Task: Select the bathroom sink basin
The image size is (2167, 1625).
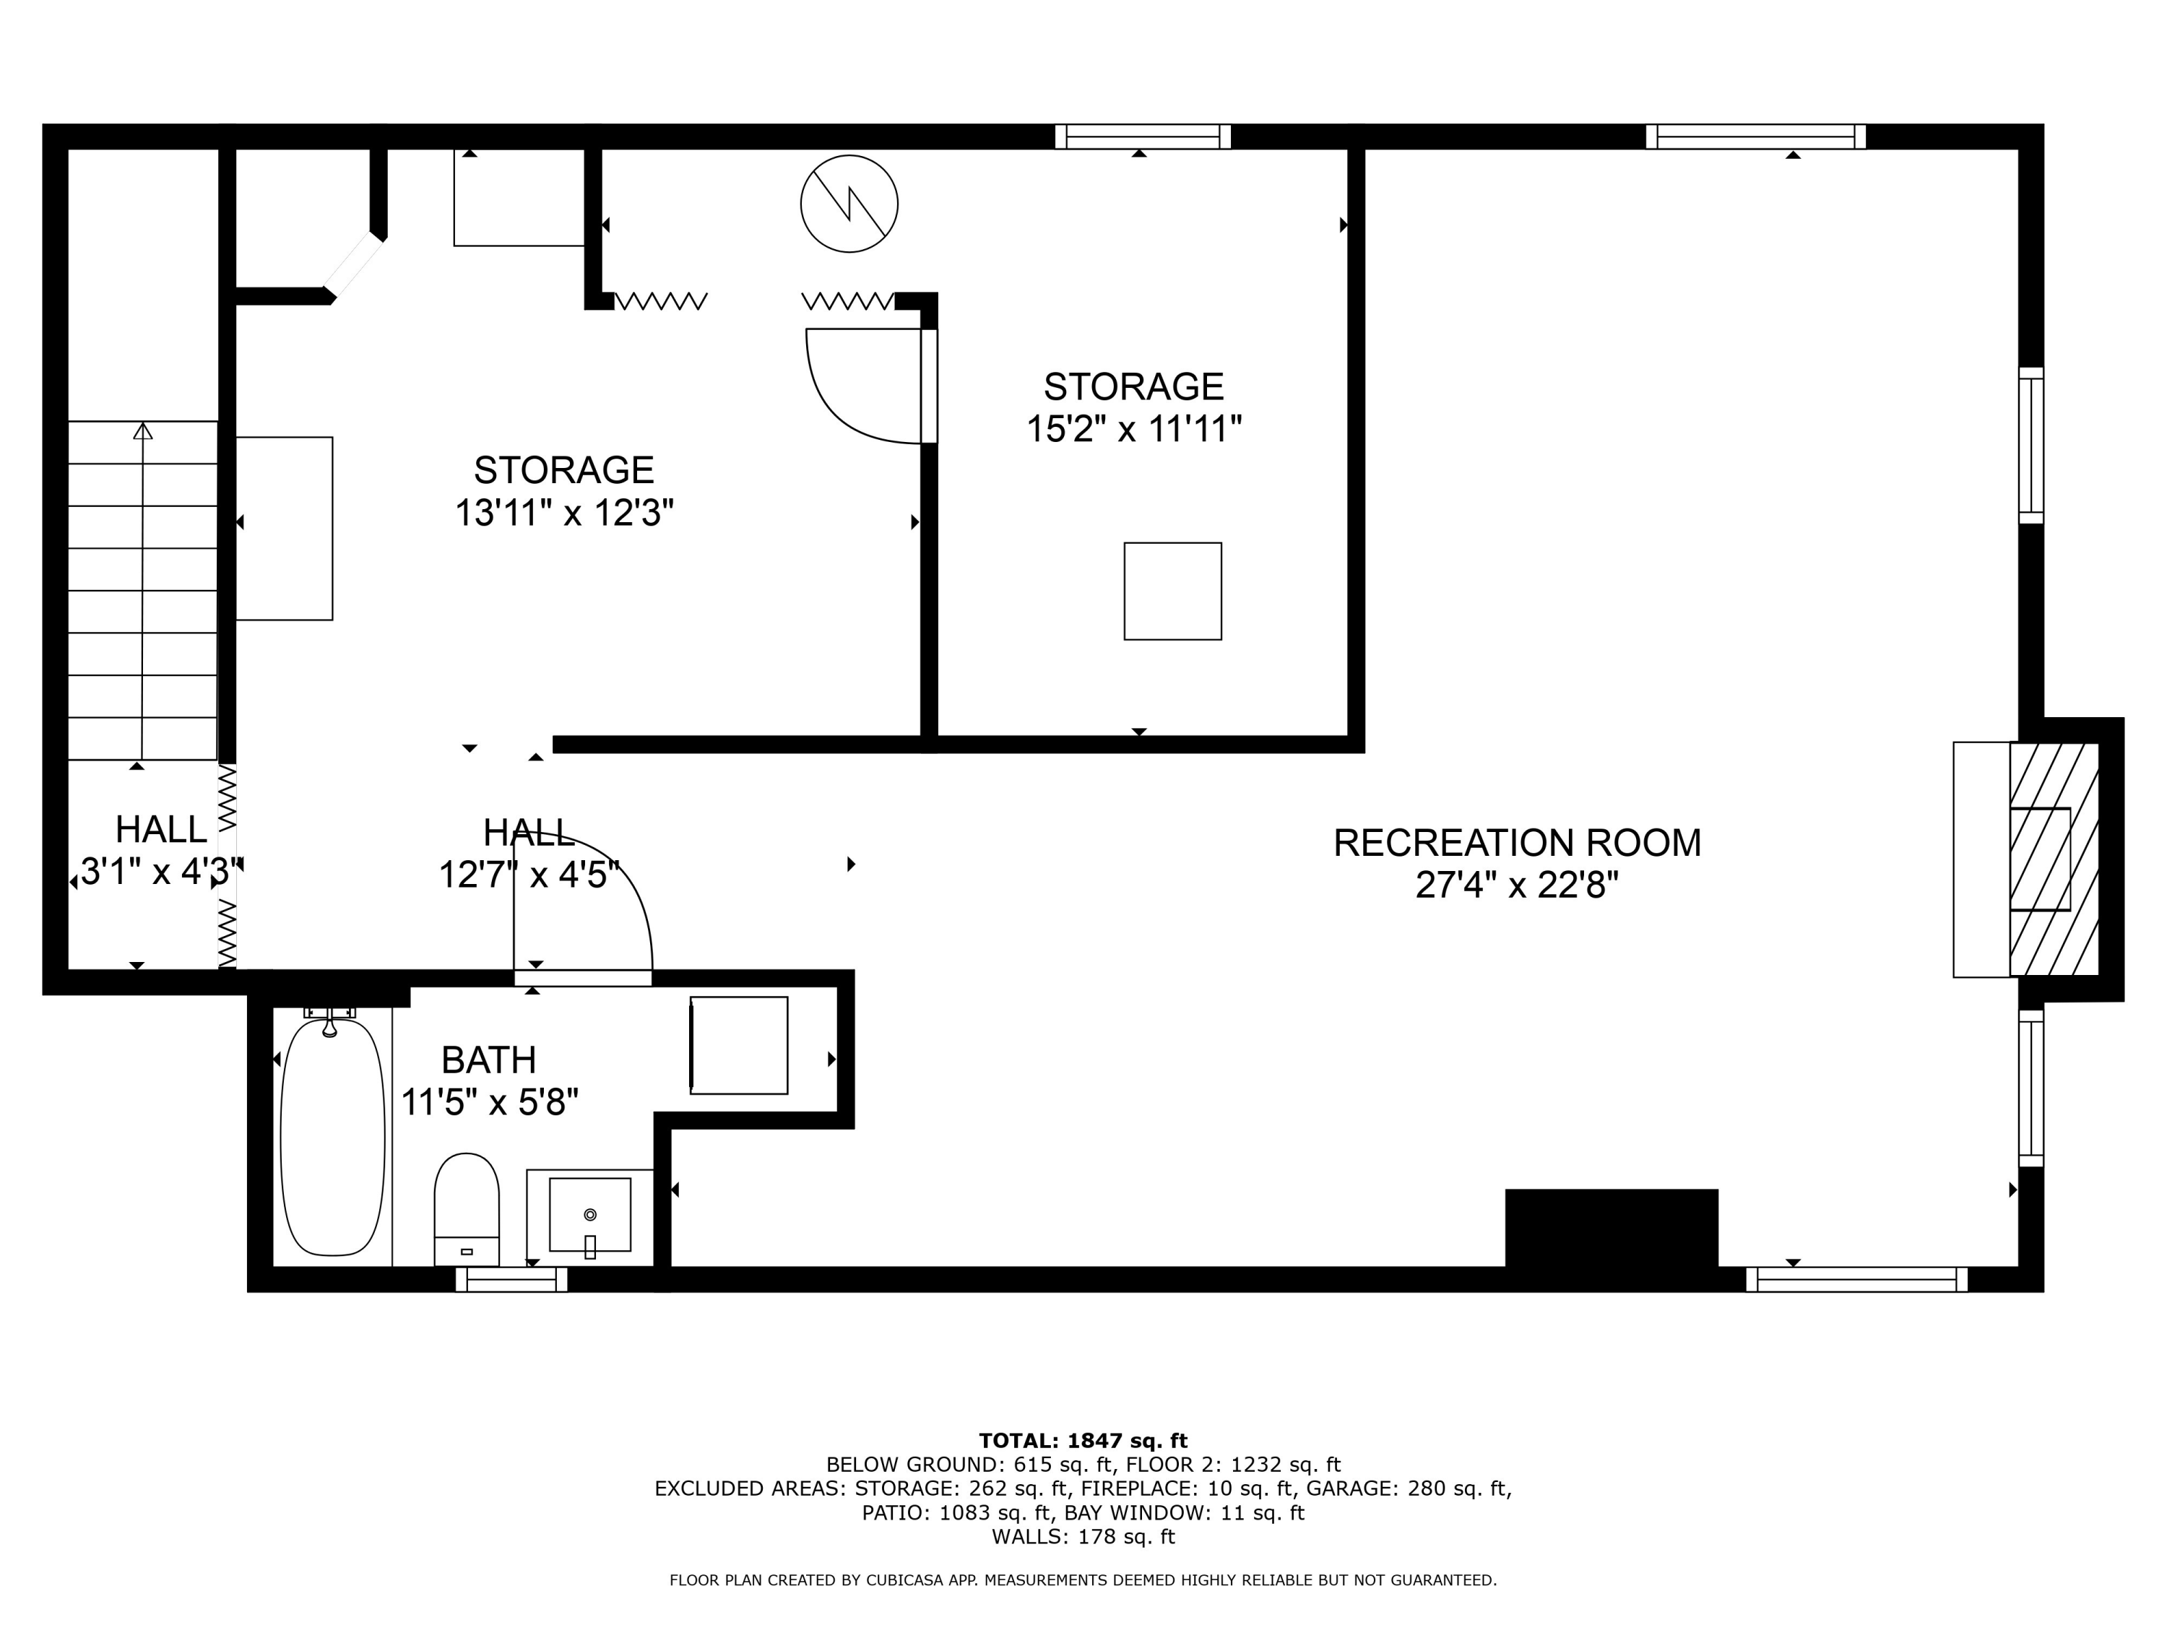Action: [589, 1215]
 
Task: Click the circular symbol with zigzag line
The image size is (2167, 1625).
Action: [849, 204]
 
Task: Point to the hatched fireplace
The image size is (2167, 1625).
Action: [2054, 859]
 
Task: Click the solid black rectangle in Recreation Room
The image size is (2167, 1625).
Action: [1611, 1228]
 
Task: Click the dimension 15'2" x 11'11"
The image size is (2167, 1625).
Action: [1133, 429]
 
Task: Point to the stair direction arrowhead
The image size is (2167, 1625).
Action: [143, 431]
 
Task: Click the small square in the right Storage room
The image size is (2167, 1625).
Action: [1172, 591]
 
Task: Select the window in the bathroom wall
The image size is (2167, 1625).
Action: [511, 1279]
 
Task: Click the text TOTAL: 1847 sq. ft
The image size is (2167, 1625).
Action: [1083, 1441]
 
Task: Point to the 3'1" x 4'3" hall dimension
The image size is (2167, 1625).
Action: [157, 872]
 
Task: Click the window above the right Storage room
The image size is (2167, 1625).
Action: [1142, 136]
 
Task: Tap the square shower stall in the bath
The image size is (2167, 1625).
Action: [739, 1045]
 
